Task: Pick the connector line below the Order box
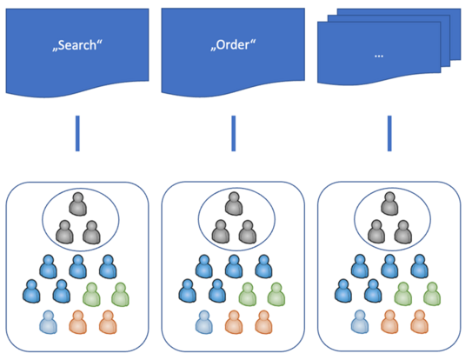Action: pyautogui.click(x=233, y=133)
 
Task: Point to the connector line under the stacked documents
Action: pyautogui.click(x=389, y=133)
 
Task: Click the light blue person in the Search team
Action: pyautogui.click(x=49, y=323)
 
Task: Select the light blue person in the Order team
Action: pyautogui.click(x=205, y=323)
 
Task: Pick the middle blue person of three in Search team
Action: pyautogui.click(x=77, y=266)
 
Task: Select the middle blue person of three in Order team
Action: pyautogui.click(x=233, y=266)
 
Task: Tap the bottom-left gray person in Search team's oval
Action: pyautogui.click(x=63, y=231)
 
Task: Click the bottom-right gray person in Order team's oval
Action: pyautogui.click(x=248, y=231)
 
